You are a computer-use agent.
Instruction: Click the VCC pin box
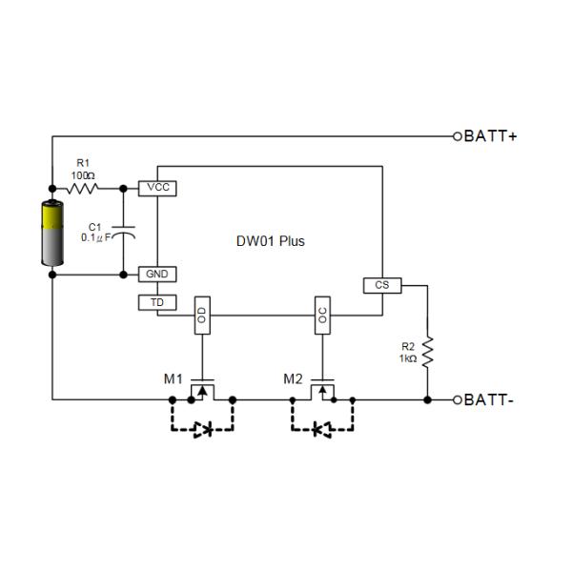coord(158,188)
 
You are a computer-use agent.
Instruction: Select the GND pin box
coord(157,274)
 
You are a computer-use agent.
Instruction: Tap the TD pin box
coord(157,302)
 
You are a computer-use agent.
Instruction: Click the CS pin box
coord(382,285)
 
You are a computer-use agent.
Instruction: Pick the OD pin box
coord(201,316)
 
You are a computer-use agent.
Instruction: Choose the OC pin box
coord(322,316)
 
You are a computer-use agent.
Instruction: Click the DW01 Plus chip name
coord(271,241)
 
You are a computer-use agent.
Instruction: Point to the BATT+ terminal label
coord(492,136)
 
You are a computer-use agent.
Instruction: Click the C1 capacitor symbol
coord(124,232)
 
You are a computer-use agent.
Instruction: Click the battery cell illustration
coord(51,235)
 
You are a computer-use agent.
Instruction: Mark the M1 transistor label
coord(173,378)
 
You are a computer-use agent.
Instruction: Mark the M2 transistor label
coord(294,378)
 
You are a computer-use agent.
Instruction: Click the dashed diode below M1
coord(202,430)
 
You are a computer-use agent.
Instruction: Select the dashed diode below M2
coord(322,430)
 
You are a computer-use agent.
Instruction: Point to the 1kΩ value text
coord(408,357)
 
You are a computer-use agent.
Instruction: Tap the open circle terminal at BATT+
coord(458,136)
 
